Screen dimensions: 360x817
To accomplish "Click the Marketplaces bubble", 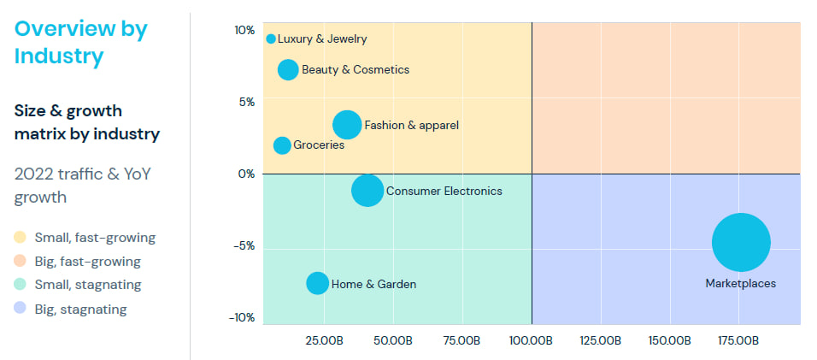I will (741, 243).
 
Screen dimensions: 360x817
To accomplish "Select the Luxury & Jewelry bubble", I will (271, 38).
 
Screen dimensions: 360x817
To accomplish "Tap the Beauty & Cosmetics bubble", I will (289, 70).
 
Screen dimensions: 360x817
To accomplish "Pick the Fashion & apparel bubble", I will (346, 125).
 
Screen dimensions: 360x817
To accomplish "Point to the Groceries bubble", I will (282, 145).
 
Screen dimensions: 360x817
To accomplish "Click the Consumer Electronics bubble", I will (367, 191).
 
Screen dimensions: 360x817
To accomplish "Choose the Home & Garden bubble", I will (317, 283).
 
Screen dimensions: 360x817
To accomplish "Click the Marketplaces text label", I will (740, 283).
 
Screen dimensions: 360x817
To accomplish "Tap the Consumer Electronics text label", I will (444, 191).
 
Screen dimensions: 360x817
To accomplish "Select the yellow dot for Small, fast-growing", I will (21, 238).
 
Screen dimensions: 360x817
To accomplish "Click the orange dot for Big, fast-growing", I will (21, 262).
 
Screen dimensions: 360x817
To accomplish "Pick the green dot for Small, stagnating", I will (21, 285).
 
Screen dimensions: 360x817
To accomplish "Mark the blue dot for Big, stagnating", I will (21, 310).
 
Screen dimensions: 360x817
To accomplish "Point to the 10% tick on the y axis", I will (244, 30).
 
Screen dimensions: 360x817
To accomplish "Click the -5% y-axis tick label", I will (244, 246).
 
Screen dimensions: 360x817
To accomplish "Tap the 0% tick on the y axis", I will (245, 174).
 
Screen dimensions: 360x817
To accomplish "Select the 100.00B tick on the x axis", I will (531, 340).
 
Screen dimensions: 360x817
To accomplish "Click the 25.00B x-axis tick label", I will (324, 340).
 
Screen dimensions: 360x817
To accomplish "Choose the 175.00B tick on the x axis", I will (738, 340).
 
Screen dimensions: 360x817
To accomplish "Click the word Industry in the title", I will (59, 56).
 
